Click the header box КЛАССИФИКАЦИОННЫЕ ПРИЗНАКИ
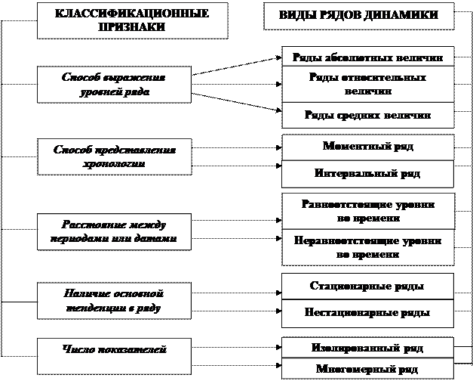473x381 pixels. click(132, 20)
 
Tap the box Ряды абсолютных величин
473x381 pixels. click(368, 57)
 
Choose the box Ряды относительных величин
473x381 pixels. click(368, 84)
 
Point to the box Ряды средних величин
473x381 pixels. click(368, 116)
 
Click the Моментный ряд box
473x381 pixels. click(368, 147)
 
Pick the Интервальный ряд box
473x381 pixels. click(368, 173)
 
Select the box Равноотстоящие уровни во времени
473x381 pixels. click(368, 211)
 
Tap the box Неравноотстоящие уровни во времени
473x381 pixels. click(368, 247)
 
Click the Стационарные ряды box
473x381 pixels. click(368, 287)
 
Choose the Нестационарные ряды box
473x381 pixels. click(368, 312)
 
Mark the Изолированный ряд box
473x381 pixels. click(368, 348)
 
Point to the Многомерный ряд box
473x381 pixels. click(368, 370)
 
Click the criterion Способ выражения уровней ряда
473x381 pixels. click(114, 84)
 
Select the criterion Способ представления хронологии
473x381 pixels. click(114, 156)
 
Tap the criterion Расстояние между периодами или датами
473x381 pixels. click(114, 231)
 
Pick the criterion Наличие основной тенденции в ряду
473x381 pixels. click(114, 301)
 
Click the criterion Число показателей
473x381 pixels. click(114, 349)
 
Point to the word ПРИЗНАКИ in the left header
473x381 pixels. click(132, 27)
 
